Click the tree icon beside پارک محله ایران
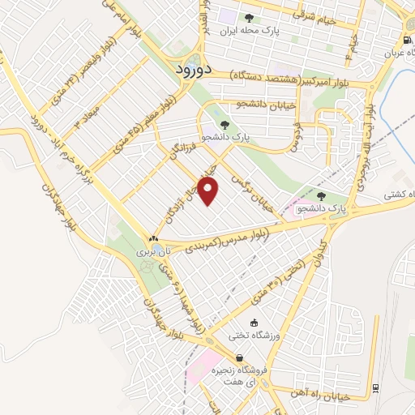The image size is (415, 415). pyautogui.click(x=249, y=18)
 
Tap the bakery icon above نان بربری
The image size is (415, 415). pyautogui.click(x=153, y=237)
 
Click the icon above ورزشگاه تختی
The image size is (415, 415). pyautogui.click(x=255, y=323)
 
